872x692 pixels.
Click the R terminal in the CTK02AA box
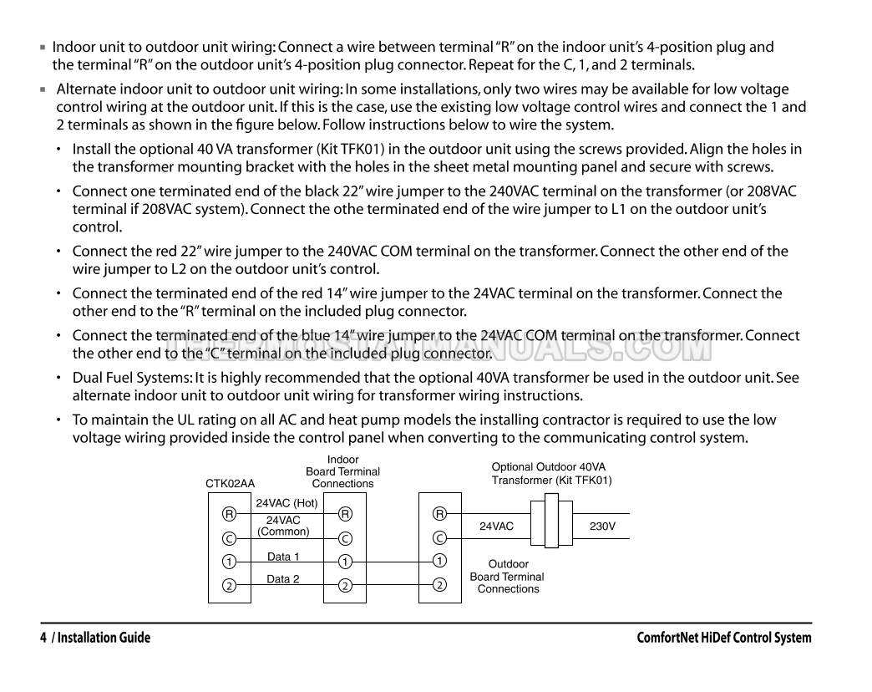[x=228, y=513]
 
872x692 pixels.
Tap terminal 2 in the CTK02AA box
[x=228, y=584]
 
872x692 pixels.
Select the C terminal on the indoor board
[x=345, y=537]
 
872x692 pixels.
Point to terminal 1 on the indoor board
[x=345, y=562]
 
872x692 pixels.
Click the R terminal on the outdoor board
[x=439, y=513]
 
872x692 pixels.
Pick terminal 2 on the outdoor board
[x=439, y=584]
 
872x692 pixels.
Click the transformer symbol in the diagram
[x=551, y=520]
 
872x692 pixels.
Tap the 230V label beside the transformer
[x=602, y=527]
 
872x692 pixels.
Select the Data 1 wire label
[x=283, y=557]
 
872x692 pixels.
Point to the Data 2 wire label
[x=283, y=578]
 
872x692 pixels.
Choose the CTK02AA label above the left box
[x=230, y=483]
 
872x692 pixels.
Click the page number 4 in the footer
[x=43, y=638]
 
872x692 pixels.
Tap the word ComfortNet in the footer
[x=670, y=638]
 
